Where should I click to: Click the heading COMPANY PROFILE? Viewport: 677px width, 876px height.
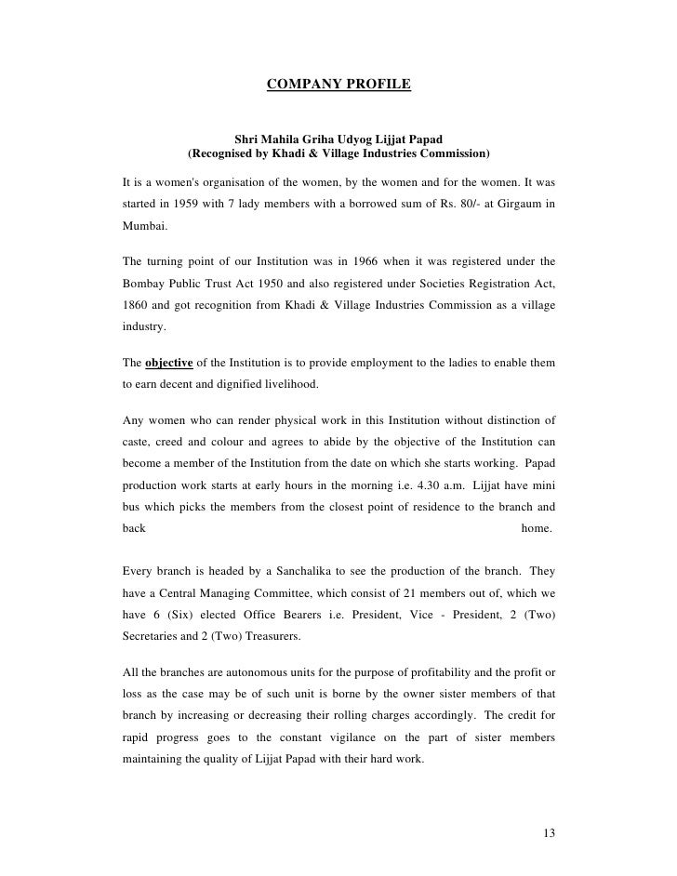click(338, 86)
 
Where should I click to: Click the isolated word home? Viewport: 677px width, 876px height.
click(537, 527)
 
